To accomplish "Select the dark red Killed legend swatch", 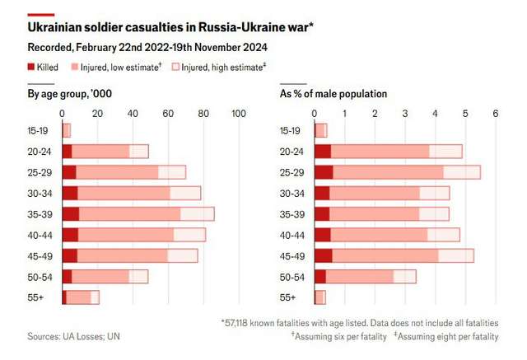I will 31,67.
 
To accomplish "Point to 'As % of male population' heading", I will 333,94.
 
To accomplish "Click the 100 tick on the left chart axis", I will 239,113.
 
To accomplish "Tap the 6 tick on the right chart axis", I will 496,113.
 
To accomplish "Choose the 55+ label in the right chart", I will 289,297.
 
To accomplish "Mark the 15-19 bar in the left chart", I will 67,130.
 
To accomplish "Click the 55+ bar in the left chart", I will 80,297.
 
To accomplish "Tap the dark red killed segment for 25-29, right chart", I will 324,172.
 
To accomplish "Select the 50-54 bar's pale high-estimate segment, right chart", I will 404,276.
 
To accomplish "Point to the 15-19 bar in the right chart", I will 320,130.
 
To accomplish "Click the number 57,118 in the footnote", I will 243,322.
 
